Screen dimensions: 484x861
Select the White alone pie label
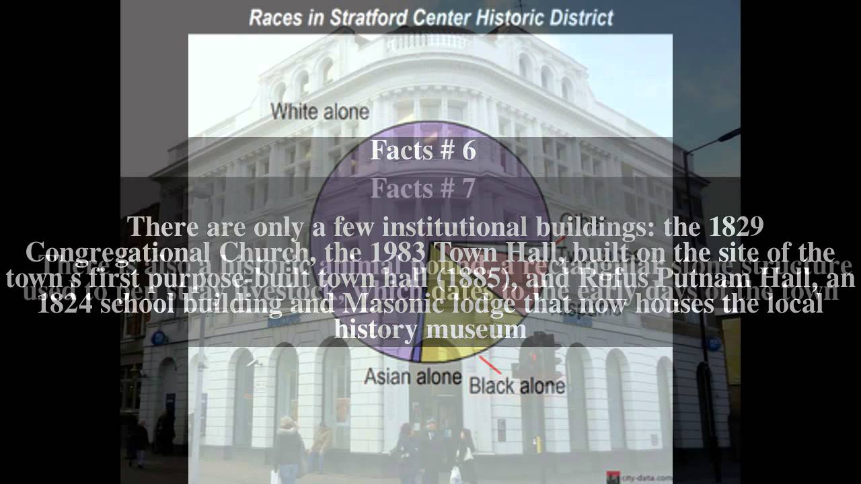[320, 111]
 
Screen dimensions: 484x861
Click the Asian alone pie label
[412, 376]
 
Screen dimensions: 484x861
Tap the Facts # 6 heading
[423, 151]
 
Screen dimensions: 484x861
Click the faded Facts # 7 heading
[423, 190]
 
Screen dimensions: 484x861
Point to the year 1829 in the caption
[737, 227]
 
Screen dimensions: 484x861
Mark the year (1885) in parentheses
[484, 278]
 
